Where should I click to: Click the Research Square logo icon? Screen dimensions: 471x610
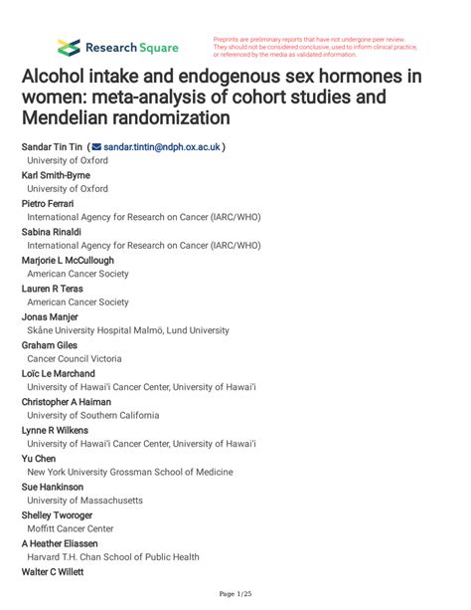tap(69, 47)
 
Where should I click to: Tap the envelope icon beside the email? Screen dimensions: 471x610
tap(96, 146)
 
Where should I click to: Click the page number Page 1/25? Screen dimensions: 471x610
tap(235, 594)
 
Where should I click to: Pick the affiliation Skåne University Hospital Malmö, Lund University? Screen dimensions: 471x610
tap(142, 330)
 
